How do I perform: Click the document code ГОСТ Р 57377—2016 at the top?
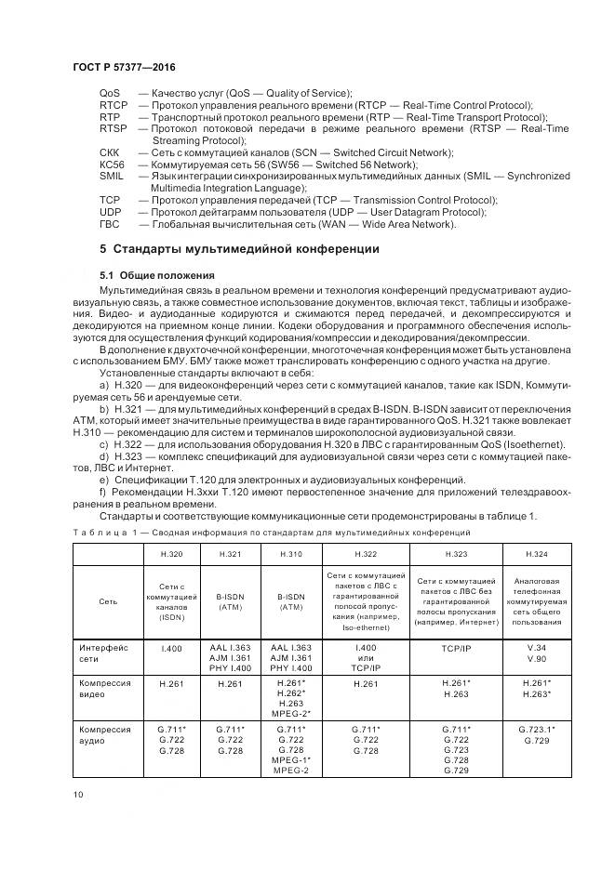click(x=124, y=69)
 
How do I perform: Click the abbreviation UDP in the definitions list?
click(x=110, y=211)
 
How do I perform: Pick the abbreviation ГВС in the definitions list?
click(x=110, y=223)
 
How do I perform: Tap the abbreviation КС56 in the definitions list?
click(x=112, y=164)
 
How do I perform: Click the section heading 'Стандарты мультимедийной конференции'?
click(x=238, y=249)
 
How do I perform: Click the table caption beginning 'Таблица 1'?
click(x=271, y=532)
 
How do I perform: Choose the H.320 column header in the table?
click(x=170, y=554)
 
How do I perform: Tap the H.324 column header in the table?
click(x=537, y=554)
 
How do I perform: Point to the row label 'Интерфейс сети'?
click(x=103, y=652)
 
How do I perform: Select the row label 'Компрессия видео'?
click(x=105, y=689)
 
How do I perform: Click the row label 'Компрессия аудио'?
click(x=105, y=735)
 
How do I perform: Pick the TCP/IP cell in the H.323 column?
click(x=456, y=647)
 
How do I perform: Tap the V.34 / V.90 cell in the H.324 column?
click(x=537, y=652)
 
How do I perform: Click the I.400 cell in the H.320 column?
click(x=170, y=647)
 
